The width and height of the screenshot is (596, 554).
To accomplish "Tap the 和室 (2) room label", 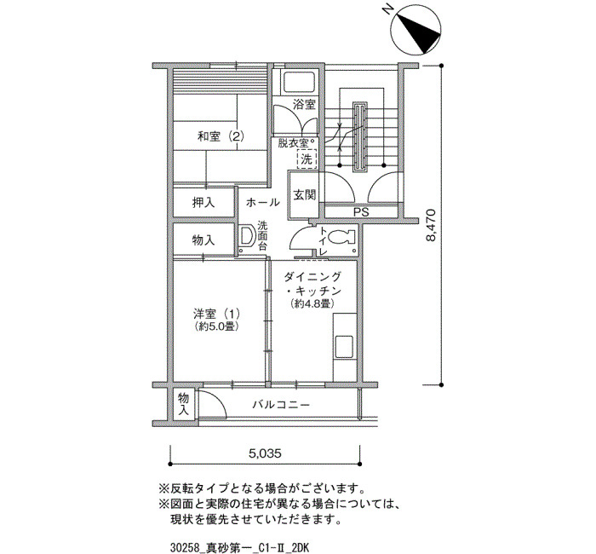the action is (221, 136).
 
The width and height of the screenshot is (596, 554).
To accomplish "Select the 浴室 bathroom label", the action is (305, 104).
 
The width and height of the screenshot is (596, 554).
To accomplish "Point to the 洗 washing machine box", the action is (307, 159).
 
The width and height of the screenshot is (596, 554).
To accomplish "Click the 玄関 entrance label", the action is (304, 195).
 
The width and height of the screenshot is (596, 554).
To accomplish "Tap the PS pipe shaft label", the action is (361, 212).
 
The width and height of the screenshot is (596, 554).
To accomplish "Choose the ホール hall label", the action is (262, 203).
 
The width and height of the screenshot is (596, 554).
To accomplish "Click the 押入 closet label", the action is (203, 203).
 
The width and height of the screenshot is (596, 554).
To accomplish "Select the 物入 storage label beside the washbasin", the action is (203, 240).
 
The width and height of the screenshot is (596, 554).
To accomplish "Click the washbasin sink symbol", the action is (247, 237).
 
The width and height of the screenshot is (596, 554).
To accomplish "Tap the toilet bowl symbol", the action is (341, 238).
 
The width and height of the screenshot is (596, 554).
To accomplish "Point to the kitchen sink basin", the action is (344, 346).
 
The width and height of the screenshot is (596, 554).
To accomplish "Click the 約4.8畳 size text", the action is (312, 303).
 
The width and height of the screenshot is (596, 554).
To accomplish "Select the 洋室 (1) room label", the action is (216, 314).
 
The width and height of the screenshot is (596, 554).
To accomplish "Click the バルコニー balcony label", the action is (282, 405).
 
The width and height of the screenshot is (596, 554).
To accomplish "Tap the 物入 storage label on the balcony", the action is (184, 405).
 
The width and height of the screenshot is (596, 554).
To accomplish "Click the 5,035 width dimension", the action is (266, 453).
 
